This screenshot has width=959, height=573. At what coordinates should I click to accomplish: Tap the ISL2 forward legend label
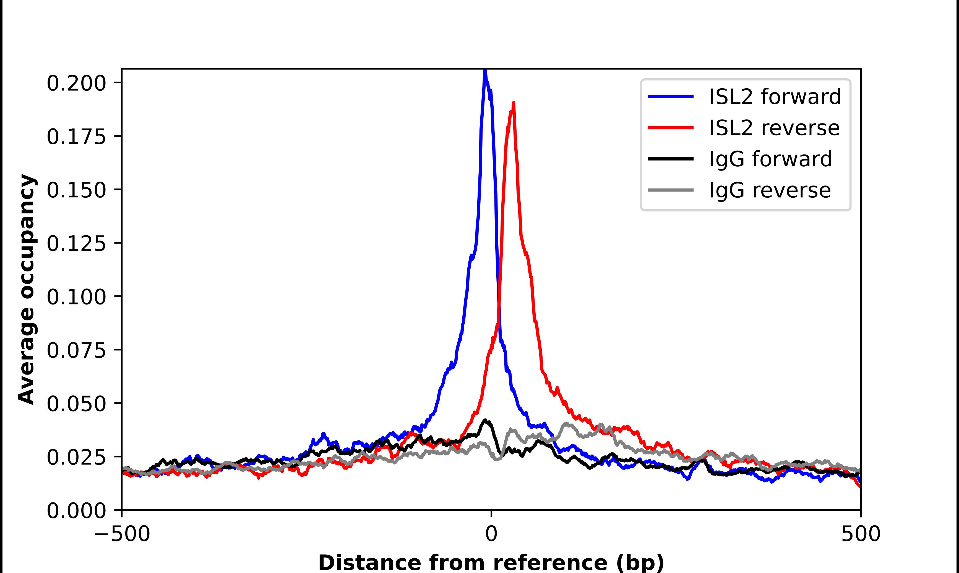(x=775, y=97)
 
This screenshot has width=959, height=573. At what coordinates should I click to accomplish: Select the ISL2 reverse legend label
(x=774, y=128)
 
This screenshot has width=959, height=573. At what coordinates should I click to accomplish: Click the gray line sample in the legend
(x=671, y=190)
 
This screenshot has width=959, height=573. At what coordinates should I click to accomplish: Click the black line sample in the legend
(x=671, y=159)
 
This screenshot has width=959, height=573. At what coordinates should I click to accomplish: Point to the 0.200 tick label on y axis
(x=76, y=83)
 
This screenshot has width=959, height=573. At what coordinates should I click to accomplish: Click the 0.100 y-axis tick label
(x=76, y=297)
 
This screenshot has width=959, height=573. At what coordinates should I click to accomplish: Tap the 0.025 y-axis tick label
(x=76, y=458)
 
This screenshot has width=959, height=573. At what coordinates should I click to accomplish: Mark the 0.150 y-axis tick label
(x=76, y=190)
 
